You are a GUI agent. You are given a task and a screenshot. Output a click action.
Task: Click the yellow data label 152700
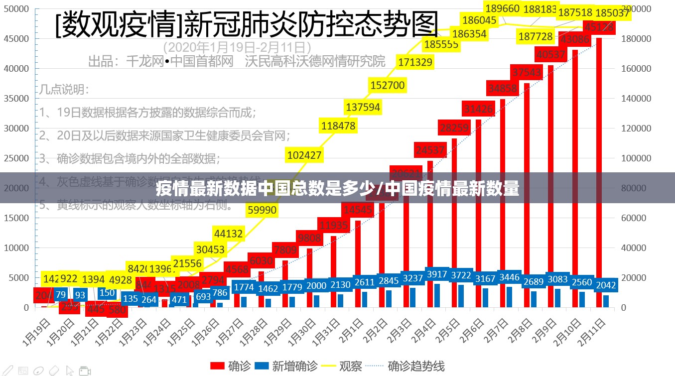387,85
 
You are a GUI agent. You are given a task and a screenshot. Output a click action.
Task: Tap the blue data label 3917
437,274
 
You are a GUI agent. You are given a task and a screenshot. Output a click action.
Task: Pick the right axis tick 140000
636,99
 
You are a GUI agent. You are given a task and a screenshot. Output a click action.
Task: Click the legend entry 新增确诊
286,367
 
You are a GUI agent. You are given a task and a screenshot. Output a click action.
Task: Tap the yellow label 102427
304,155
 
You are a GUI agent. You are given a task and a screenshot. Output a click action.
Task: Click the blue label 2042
606,285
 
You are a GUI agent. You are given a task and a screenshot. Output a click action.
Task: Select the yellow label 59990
262,210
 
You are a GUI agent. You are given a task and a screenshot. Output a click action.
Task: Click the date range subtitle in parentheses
237,47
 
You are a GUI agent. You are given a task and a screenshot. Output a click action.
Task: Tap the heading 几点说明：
64,90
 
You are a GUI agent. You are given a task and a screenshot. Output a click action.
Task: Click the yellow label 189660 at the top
502,8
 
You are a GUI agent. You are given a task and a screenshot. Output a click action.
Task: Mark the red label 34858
502,89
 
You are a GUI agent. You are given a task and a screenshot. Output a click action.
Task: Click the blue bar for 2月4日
437,295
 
